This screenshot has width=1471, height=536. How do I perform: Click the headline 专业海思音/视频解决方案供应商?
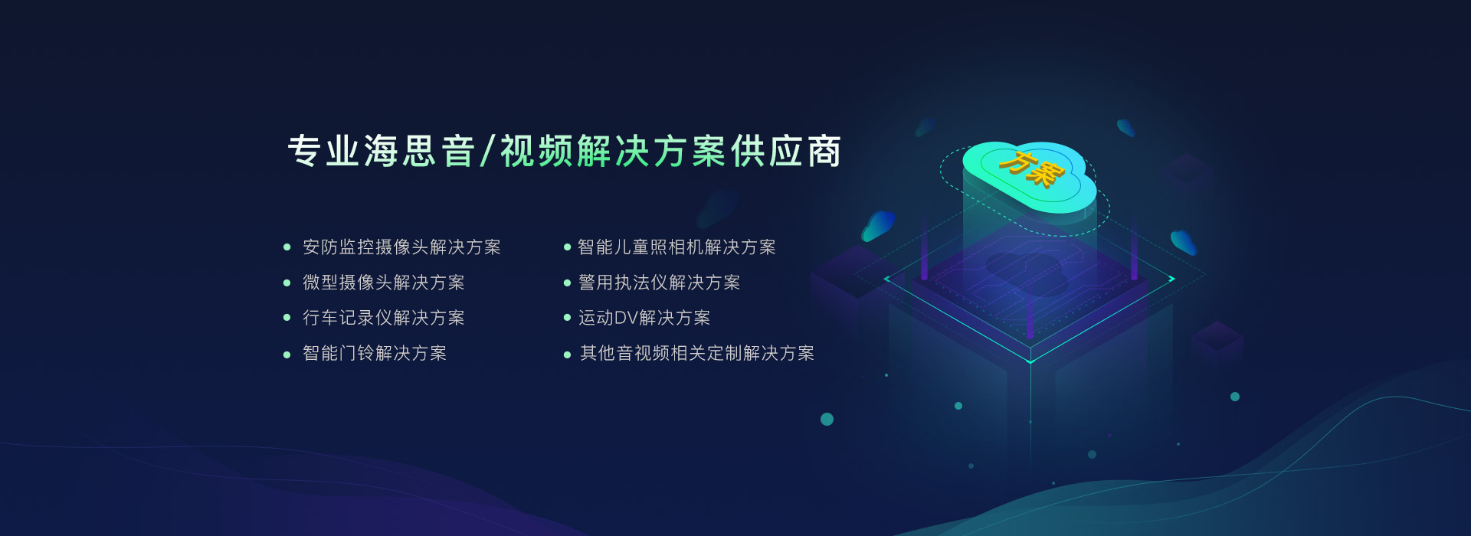click(565, 151)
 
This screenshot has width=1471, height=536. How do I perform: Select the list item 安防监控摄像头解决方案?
click(401, 247)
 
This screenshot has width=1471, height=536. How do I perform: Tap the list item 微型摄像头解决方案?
click(384, 283)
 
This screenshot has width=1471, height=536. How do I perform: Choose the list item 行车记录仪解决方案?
click(384, 318)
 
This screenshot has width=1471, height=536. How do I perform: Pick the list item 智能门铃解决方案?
click(375, 353)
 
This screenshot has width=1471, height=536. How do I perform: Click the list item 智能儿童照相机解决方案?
click(677, 247)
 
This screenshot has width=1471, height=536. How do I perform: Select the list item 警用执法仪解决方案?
click(660, 283)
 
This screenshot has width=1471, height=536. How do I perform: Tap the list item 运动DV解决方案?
click(644, 318)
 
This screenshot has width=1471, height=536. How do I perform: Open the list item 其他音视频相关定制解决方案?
click(697, 353)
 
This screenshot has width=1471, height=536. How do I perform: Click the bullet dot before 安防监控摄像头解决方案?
click(287, 247)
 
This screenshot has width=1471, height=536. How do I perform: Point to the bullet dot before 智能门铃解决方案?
click(287, 355)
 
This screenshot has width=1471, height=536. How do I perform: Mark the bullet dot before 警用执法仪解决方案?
click(567, 283)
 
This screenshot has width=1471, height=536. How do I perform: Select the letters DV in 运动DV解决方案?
click(626, 318)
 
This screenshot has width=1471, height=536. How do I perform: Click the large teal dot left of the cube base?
click(827, 419)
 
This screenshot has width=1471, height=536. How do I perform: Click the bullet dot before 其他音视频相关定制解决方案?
click(567, 355)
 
